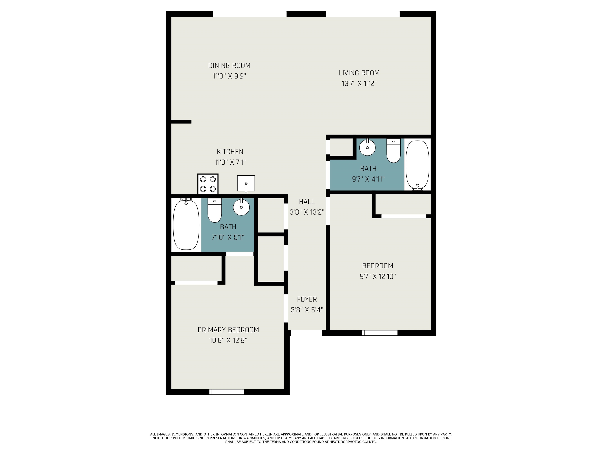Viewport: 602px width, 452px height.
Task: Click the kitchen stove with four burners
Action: [208, 184]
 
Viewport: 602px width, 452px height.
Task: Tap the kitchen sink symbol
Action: [246, 184]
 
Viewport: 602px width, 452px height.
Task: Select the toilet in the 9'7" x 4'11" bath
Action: [393, 151]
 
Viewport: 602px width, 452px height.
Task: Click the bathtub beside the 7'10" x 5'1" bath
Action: [186, 224]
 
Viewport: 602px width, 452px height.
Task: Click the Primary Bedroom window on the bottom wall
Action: [227, 392]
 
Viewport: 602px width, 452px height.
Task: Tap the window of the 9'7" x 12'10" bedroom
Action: [380, 333]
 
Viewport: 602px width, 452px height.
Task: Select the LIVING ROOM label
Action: [359, 73]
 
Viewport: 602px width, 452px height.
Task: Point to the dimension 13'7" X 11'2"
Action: [359, 83]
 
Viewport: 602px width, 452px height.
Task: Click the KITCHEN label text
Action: [230, 152]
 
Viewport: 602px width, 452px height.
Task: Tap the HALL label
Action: [307, 202]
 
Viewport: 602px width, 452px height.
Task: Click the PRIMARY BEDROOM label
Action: [228, 330]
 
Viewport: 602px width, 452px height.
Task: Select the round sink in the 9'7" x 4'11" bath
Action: [367, 147]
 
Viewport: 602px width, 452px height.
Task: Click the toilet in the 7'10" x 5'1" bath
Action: [214, 210]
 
